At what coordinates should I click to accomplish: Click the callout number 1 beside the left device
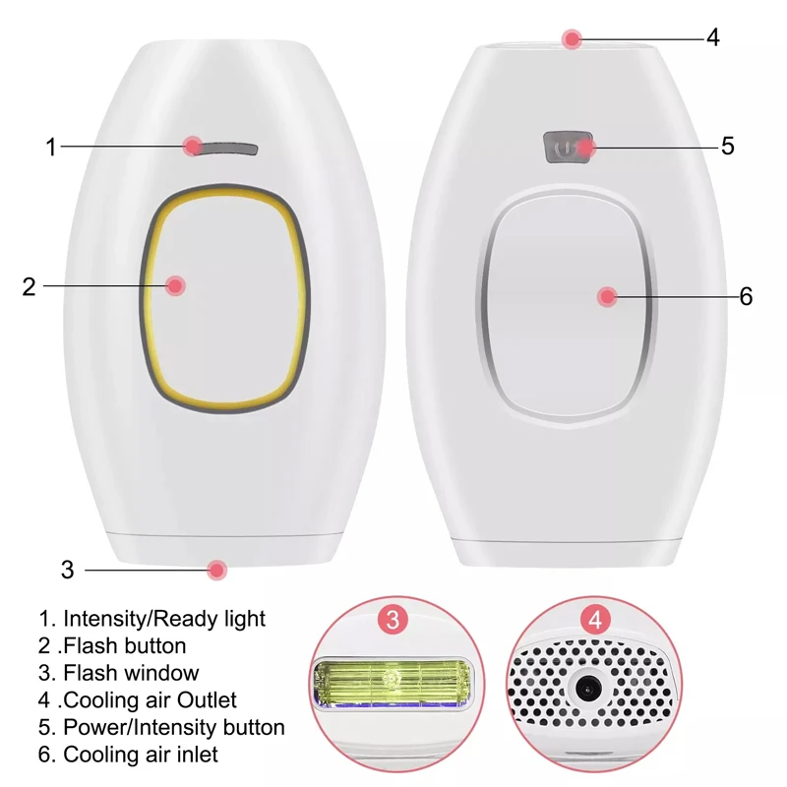pos(51,147)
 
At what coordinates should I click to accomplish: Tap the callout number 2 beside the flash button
pos(30,286)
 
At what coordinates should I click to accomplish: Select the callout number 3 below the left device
pos(67,571)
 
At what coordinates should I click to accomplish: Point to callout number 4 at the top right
pos(712,37)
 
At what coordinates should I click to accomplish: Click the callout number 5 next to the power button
pos(728,146)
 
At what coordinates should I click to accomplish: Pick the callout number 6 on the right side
pos(747,296)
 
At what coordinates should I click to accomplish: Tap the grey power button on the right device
pos(569,148)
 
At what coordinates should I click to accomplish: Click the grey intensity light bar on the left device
pos(226,150)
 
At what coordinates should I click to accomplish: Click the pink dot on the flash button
pos(175,286)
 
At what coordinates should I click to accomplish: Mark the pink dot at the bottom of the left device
pos(216,571)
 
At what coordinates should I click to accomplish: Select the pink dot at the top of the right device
pos(572,38)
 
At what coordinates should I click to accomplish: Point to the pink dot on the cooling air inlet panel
pos(607,297)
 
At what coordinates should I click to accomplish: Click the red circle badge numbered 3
pos(393,620)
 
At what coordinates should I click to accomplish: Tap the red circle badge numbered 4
pos(595,620)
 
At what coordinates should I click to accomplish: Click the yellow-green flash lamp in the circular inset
pos(392,683)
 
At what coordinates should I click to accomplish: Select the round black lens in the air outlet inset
pos(587,691)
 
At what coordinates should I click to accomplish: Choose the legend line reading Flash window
pos(118,673)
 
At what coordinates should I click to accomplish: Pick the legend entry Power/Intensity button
pos(161,728)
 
